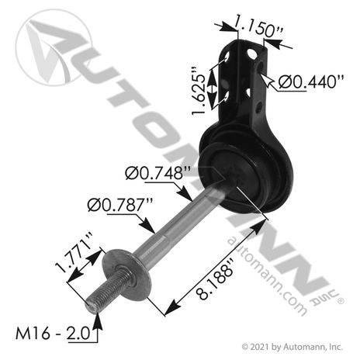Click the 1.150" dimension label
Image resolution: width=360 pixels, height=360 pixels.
coord(258,26)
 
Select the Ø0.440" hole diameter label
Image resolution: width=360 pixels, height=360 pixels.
coord(311,82)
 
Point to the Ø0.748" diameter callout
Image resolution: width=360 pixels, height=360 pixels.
coord(157,173)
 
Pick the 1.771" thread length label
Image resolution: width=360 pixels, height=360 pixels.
coord(74,252)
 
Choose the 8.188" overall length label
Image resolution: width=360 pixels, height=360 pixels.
coord(216,280)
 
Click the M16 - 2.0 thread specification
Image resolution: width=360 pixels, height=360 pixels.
coord(53,333)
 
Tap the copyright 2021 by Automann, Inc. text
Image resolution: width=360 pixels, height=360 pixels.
coord(292,347)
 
